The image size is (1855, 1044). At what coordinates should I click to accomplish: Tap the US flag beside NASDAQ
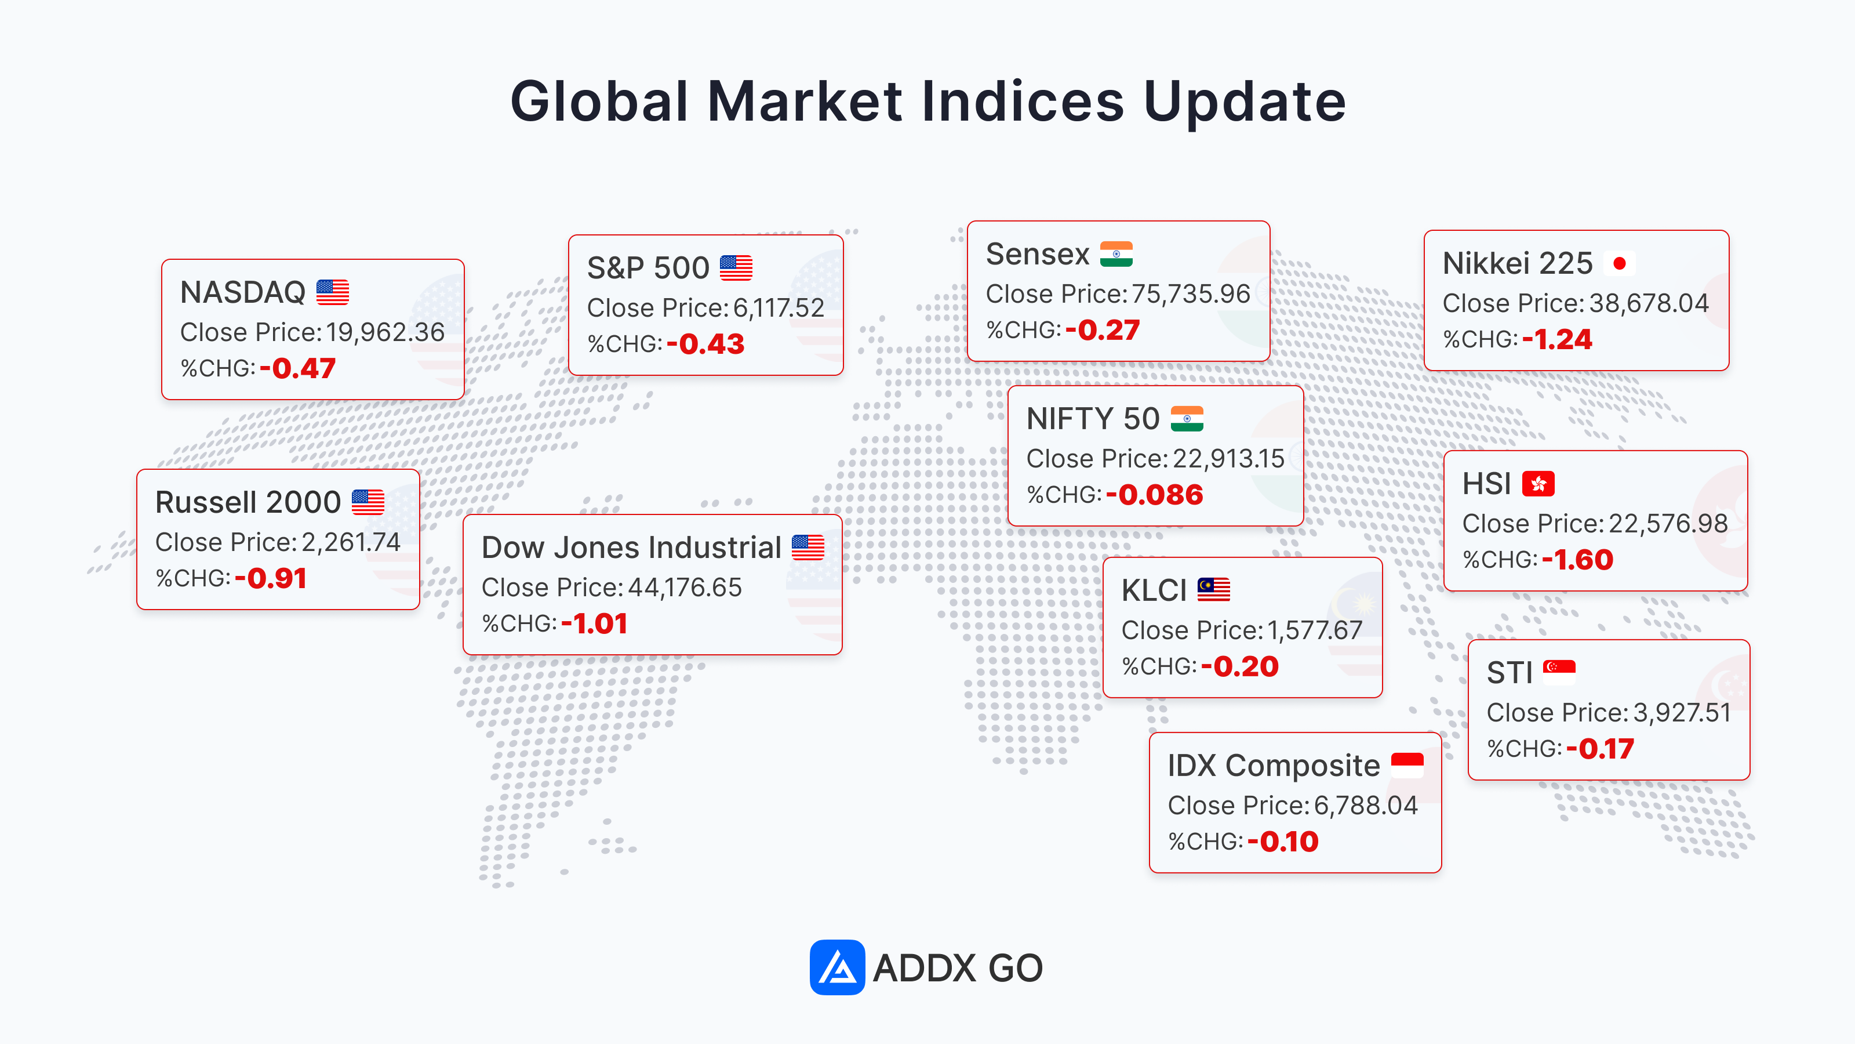click(x=333, y=292)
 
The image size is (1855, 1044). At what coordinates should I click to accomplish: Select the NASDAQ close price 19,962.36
click(x=385, y=332)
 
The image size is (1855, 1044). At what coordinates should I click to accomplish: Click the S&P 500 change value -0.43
click(x=705, y=344)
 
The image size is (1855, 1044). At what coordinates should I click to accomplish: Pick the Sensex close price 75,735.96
click(x=1190, y=294)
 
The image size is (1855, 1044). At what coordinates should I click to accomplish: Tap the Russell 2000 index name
click(x=248, y=502)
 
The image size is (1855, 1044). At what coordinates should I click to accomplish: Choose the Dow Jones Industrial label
click(x=631, y=548)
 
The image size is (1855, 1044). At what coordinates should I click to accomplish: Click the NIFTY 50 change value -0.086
click(x=1154, y=494)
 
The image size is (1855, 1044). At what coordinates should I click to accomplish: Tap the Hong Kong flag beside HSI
click(x=1538, y=484)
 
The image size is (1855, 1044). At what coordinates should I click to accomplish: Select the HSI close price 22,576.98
click(x=1668, y=523)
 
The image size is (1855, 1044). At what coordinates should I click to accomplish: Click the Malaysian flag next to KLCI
click(x=1213, y=589)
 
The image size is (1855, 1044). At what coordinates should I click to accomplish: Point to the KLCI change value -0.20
click(x=1239, y=666)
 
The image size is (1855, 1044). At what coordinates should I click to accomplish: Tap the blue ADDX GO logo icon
click(x=836, y=967)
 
